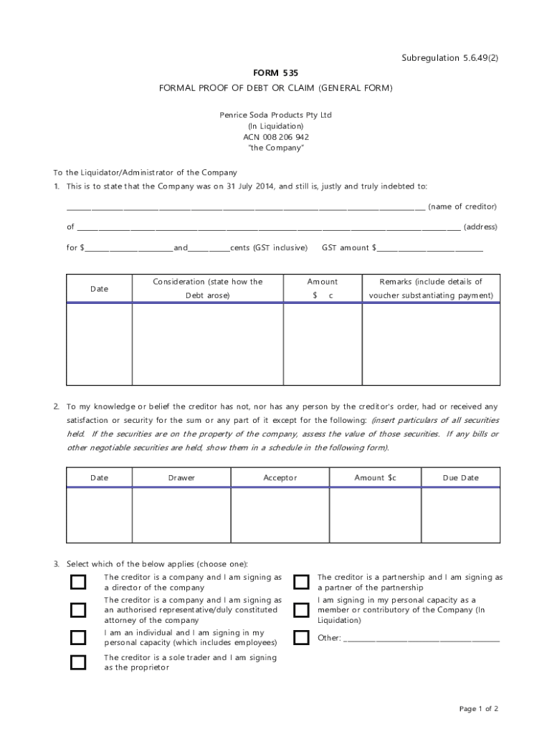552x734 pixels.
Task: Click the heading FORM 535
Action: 275,73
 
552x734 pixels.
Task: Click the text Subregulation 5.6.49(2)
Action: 449,58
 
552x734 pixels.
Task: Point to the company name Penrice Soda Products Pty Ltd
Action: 275,115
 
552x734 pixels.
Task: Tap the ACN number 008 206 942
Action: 275,137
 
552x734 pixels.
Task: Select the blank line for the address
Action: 268,229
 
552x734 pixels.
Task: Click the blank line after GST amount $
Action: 430,249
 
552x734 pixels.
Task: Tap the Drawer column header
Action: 181,478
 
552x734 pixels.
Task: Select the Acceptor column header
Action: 280,478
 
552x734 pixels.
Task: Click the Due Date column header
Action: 460,478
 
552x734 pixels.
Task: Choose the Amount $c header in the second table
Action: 375,478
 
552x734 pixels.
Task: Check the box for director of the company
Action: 78,582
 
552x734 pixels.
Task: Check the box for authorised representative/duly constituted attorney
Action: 78,610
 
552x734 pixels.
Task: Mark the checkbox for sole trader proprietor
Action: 78,662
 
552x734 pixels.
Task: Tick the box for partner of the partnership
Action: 302,582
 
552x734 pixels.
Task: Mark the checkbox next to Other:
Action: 302,637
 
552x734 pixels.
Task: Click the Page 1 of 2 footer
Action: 478,709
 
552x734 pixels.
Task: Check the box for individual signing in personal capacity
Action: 78,637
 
